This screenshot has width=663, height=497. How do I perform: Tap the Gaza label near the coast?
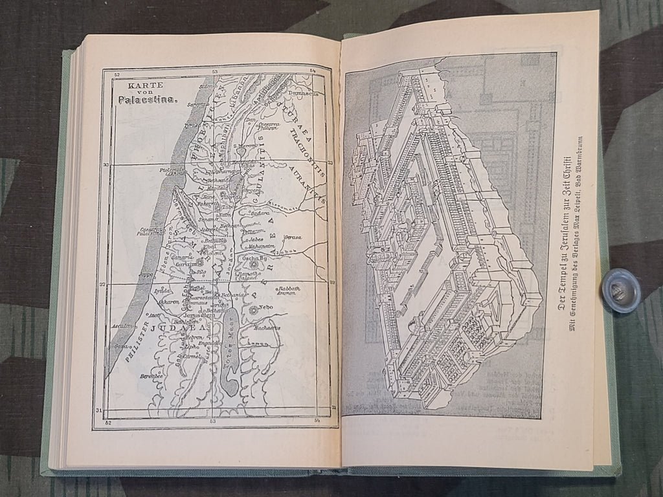[120, 347]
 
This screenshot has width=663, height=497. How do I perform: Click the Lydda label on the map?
[162, 291]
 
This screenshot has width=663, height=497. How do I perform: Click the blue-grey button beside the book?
[620, 291]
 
